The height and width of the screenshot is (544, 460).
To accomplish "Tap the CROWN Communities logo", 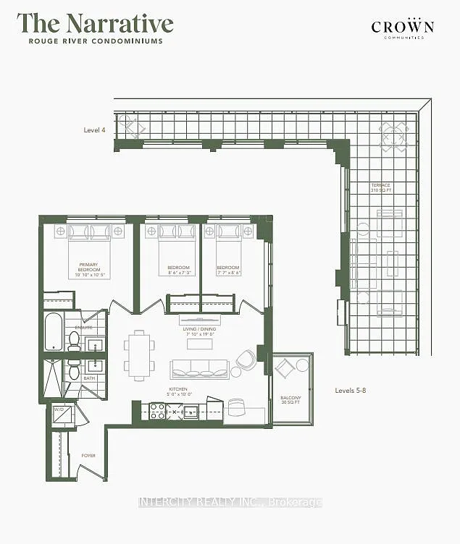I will coord(402,28).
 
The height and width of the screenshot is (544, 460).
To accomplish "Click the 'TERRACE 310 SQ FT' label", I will coord(381,188).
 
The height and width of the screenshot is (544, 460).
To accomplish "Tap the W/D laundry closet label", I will coord(59,411).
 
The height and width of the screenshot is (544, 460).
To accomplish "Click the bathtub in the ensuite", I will coord(54,332).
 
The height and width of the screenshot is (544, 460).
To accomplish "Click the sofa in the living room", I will coord(199,369).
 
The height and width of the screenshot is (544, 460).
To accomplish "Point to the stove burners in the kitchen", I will coord(158,412).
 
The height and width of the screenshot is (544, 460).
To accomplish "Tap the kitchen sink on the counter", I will coord(191,412).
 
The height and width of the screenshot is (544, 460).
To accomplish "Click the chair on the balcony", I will coord(285,368).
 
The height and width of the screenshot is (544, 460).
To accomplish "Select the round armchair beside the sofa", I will coord(246,359).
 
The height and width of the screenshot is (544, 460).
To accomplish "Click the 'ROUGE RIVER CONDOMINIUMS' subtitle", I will coord(96,41).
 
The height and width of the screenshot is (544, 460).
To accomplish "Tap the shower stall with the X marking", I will coord(54,378).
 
